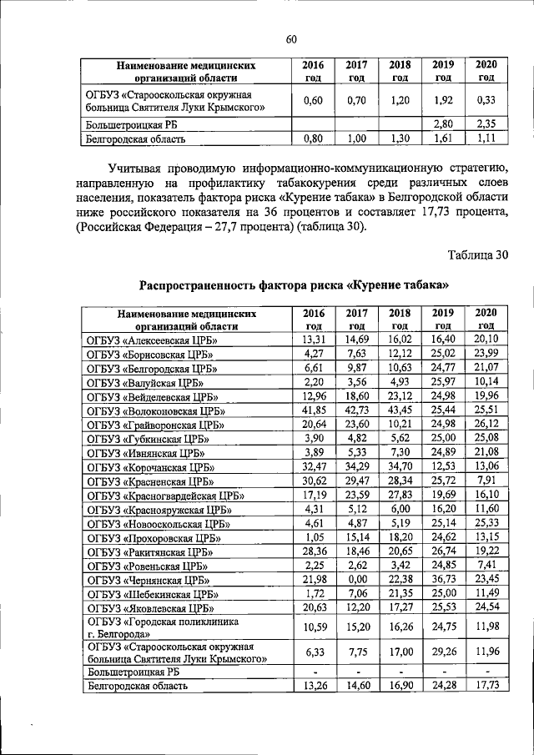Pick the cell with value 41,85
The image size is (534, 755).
(x=313, y=410)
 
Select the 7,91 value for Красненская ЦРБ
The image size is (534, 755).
(x=486, y=481)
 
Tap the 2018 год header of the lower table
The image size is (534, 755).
(x=400, y=319)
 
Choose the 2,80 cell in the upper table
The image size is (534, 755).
(x=444, y=124)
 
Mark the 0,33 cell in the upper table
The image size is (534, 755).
(x=486, y=101)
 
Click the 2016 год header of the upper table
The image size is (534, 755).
(x=313, y=70)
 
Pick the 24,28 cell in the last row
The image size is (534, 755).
(x=444, y=685)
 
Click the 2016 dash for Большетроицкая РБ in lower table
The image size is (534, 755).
(x=313, y=671)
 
